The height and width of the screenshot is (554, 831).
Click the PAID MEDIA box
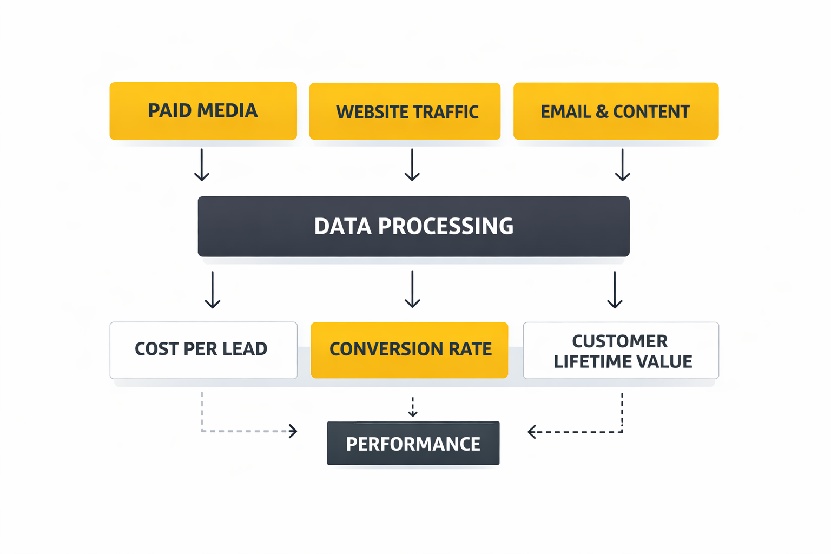click(x=203, y=111)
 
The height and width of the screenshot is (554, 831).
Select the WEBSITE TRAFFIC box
click(x=405, y=111)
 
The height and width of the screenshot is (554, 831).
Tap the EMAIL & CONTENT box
click(x=616, y=111)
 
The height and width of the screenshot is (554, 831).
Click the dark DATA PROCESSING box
click(x=413, y=226)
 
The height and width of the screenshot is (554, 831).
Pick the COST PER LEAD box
click(x=203, y=350)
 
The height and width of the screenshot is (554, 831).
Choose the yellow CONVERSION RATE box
click(x=410, y=350)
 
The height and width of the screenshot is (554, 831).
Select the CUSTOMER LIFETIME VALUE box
click(x=621, y=351)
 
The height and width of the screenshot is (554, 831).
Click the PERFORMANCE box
click(x=413, y=443)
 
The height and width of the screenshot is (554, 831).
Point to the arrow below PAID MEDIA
click(x=202, y=165)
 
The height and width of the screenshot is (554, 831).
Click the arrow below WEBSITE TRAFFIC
click(x=412, y=165)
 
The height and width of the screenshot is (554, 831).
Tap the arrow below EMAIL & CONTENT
click(x=623, y=165)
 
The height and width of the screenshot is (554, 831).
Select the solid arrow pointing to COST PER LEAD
click(x=213, y=290)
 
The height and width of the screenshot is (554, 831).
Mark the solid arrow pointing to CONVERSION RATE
click(x=413, y=289)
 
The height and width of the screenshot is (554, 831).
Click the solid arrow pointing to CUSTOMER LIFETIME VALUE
click(x=615, y=290)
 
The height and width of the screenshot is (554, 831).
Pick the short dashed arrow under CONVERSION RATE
click(x=413, y=407)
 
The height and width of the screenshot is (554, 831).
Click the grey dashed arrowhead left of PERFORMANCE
click(x=293, y=431)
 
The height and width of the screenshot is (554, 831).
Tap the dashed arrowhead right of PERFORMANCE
click(x=532, y=432)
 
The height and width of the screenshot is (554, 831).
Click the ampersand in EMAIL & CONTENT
click(x=602, y=112)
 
